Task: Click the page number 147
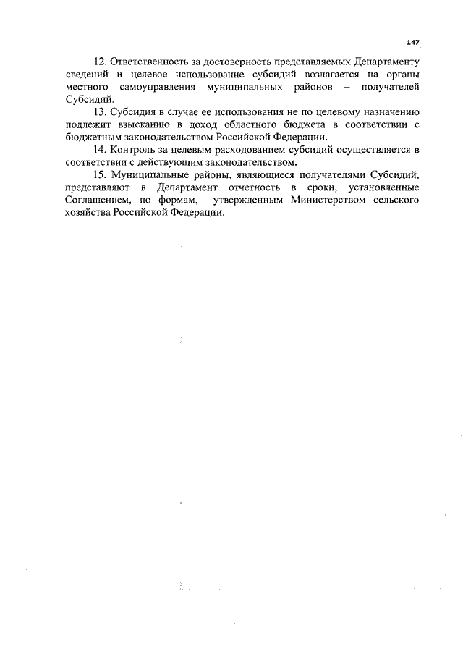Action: coord(413,43)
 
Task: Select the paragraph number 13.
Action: coord(98,114)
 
